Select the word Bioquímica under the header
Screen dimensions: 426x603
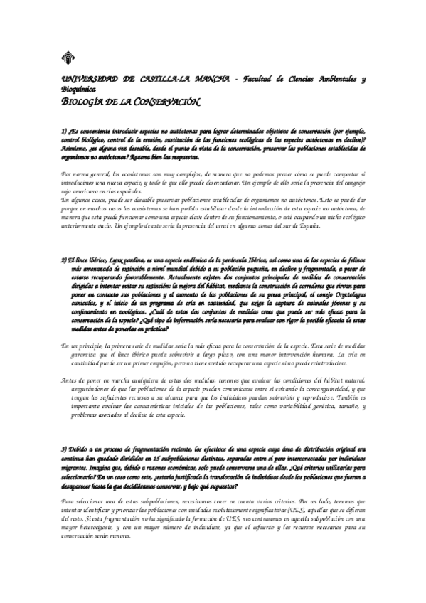click(79, 90)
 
